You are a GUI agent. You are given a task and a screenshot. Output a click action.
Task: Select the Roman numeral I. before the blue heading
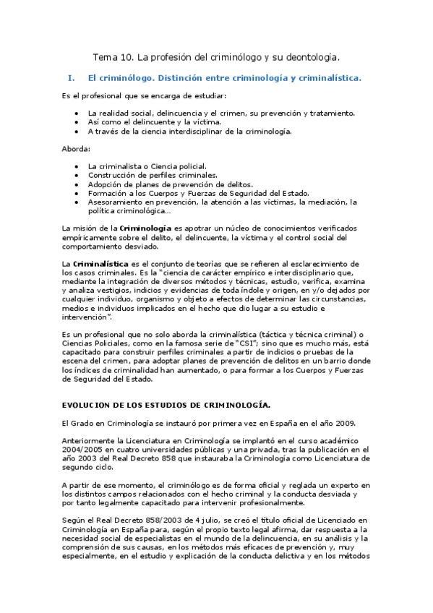tap(70, 77)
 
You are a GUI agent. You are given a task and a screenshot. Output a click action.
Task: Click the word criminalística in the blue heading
tap(325, 77)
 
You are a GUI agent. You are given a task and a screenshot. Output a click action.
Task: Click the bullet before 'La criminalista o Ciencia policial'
tap(77, 166)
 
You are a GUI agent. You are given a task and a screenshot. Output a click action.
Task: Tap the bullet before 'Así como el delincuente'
tap(77, 122)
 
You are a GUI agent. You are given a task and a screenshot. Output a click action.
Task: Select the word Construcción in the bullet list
tap(111, 175)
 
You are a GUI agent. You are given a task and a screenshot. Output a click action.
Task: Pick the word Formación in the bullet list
tap(106, 193)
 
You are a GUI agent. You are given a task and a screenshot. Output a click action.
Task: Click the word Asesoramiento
tap(117, 202)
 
